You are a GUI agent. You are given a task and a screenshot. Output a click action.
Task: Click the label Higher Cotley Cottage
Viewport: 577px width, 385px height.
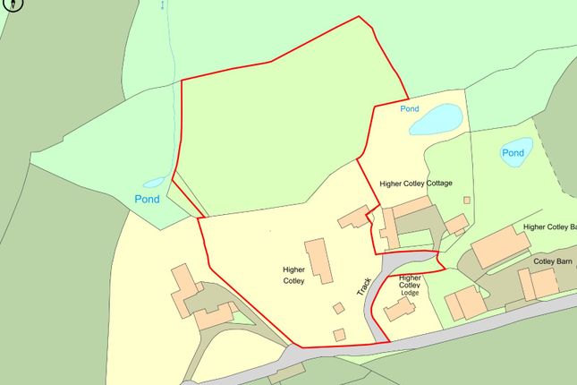point(416,184)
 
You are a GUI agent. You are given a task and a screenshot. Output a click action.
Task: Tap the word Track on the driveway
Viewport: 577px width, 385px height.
point(363,286)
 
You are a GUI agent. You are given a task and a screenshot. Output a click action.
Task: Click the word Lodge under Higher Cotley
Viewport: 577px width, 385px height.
point(410,293)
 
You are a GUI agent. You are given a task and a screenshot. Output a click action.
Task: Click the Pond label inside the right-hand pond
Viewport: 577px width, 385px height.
point(513,153)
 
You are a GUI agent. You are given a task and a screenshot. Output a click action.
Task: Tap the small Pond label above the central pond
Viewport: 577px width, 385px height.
point(410,108)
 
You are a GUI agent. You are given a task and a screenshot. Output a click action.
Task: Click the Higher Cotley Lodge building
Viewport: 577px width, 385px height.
point(400,309)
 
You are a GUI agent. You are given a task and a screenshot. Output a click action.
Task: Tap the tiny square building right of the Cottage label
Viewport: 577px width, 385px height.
point(467,200)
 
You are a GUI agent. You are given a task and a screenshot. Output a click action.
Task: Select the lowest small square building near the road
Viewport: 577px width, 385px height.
point(340,334)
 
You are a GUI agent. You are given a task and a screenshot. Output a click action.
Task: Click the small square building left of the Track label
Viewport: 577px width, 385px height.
point(338,308)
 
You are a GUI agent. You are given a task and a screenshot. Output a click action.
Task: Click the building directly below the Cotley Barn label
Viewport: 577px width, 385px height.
point(539,283)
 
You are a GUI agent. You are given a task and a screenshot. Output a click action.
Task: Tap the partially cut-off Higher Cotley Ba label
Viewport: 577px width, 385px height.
point(549,227)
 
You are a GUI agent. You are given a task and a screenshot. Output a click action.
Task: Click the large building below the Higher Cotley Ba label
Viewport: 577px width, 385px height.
point(500,247)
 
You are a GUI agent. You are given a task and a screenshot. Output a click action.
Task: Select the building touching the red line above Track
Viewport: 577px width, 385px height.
point(354,217)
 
